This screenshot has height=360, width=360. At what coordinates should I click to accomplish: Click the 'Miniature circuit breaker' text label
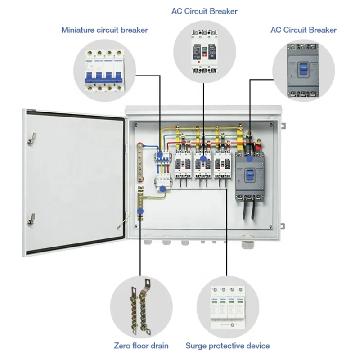click(104, 30)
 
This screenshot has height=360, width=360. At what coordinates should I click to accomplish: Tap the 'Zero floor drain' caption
click(141, 346)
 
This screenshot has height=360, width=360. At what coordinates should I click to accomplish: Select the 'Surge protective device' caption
click(228, 346)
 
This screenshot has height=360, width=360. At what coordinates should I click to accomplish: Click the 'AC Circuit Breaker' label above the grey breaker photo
click(303, 30)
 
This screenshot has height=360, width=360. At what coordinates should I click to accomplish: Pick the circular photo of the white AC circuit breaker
click(204, 50)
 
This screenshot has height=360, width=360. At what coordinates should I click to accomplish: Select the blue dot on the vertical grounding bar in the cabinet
click(140, 210)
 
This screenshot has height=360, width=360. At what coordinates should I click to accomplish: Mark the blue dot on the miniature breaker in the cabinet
click(160, 155)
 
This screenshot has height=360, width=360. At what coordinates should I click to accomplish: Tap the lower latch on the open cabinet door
click(31, 219)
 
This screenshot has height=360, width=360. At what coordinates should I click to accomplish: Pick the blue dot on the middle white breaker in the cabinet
click(203, 158)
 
